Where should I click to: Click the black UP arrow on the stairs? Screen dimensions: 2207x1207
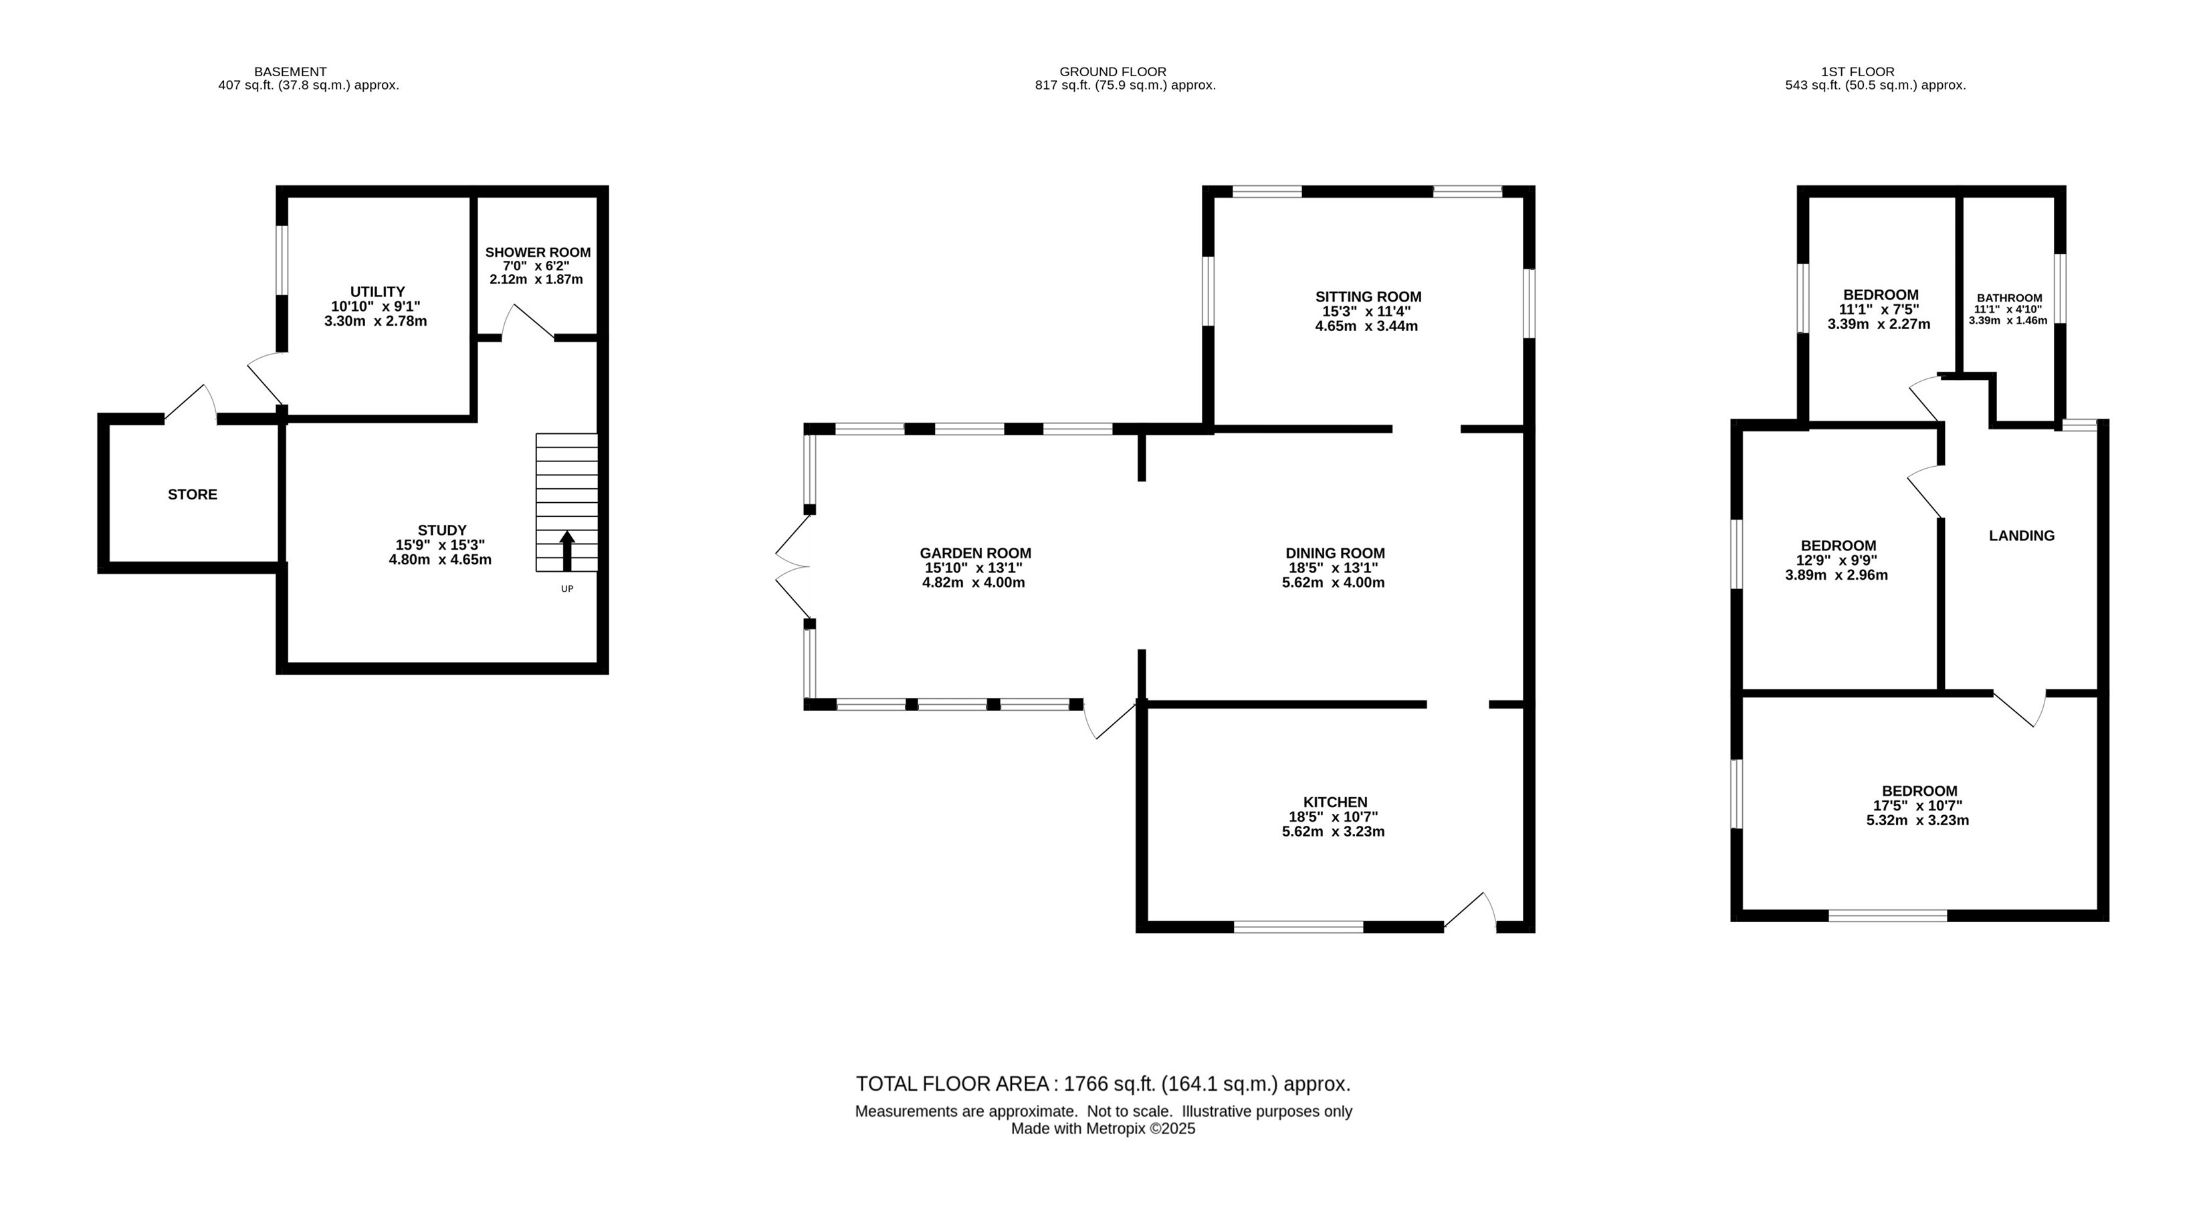567,551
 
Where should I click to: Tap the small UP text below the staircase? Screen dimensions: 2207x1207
567,588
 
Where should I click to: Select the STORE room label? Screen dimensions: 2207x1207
193,494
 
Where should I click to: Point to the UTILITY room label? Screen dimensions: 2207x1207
377,292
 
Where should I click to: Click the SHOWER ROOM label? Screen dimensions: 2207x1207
538,253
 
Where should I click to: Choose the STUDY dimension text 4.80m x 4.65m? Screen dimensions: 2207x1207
440,560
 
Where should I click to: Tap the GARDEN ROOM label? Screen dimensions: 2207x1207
976,554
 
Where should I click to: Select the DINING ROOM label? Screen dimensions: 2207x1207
1336,554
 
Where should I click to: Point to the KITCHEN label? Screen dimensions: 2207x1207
1336,802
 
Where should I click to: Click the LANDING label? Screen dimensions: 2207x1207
2022,536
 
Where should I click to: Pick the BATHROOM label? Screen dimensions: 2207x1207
2010,298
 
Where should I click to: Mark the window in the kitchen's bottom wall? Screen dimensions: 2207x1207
1299,926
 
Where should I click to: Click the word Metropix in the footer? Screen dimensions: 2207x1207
1116,1129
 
